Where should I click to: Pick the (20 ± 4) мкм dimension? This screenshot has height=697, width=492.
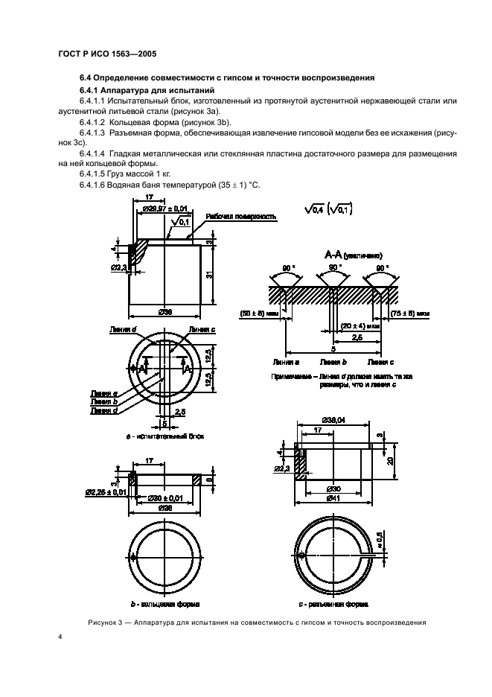(x=361, y=325)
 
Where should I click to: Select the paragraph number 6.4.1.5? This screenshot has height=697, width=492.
(x=93, y=173)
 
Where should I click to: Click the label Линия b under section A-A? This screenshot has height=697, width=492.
(x=330, y=361)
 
